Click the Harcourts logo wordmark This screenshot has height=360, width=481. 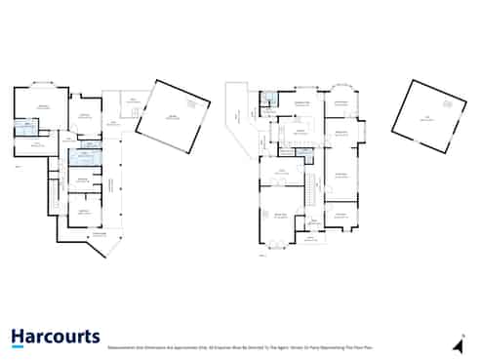[55, 337]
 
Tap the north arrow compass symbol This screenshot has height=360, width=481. [459, 344]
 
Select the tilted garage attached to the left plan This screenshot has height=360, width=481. [173, 117]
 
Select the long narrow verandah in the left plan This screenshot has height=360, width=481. [113, 185]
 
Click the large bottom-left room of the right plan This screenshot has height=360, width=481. [281, 217]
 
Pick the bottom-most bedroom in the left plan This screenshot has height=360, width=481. [85, 210]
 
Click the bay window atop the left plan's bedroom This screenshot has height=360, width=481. [42, 84]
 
